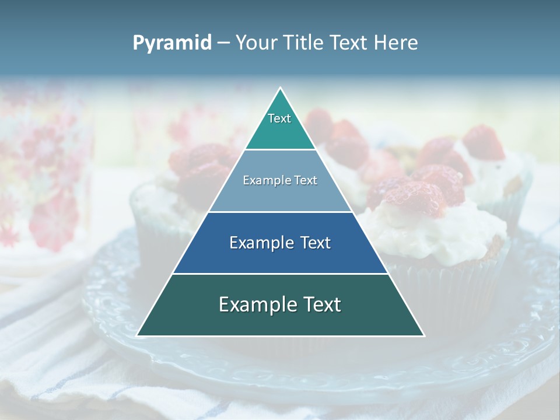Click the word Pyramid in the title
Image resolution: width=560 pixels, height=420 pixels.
pyautogui.click(x=172, y=43)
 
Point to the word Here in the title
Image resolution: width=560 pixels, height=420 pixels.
pyautogui.click(x=395, y=43)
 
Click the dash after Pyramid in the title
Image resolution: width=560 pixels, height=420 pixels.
pyautogui.click(x=223, y=43)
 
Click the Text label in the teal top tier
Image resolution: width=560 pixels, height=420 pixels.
pyautogui.click(x=279, y=118)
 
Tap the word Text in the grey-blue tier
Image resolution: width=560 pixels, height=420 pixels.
pyautogui.click(x=304, y=180)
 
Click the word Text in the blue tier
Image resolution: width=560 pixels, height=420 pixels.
pyautogui.click(x=315, y=243)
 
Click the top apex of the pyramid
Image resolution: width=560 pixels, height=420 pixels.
pyautogui.click(x=281, y=88)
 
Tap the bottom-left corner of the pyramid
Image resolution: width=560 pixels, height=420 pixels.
pyautogui.click(x=138, y=335)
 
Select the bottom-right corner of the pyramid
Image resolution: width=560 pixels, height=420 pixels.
pyautogui.click(x=423, y=335)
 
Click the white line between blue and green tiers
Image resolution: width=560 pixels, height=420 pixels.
pyautogui.click(x=281, y=274)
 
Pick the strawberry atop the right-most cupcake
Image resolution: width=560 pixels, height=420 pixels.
pyautogui.click(x=484, y=142)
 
